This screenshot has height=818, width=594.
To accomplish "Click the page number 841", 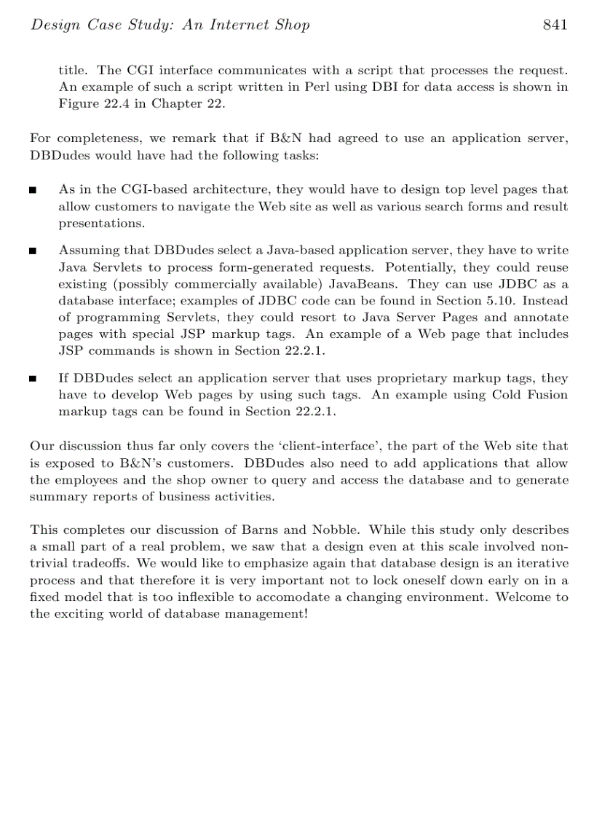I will coord(555,25).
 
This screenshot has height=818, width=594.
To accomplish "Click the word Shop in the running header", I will coord(292,25).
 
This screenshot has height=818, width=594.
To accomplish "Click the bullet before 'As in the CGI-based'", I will coord(33,191).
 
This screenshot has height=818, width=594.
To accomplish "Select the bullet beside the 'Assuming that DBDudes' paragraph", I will coord(33,251).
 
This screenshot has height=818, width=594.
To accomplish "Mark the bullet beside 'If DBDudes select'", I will coord(33,379).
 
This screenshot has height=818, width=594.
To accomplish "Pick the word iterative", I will coord(541,564).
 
